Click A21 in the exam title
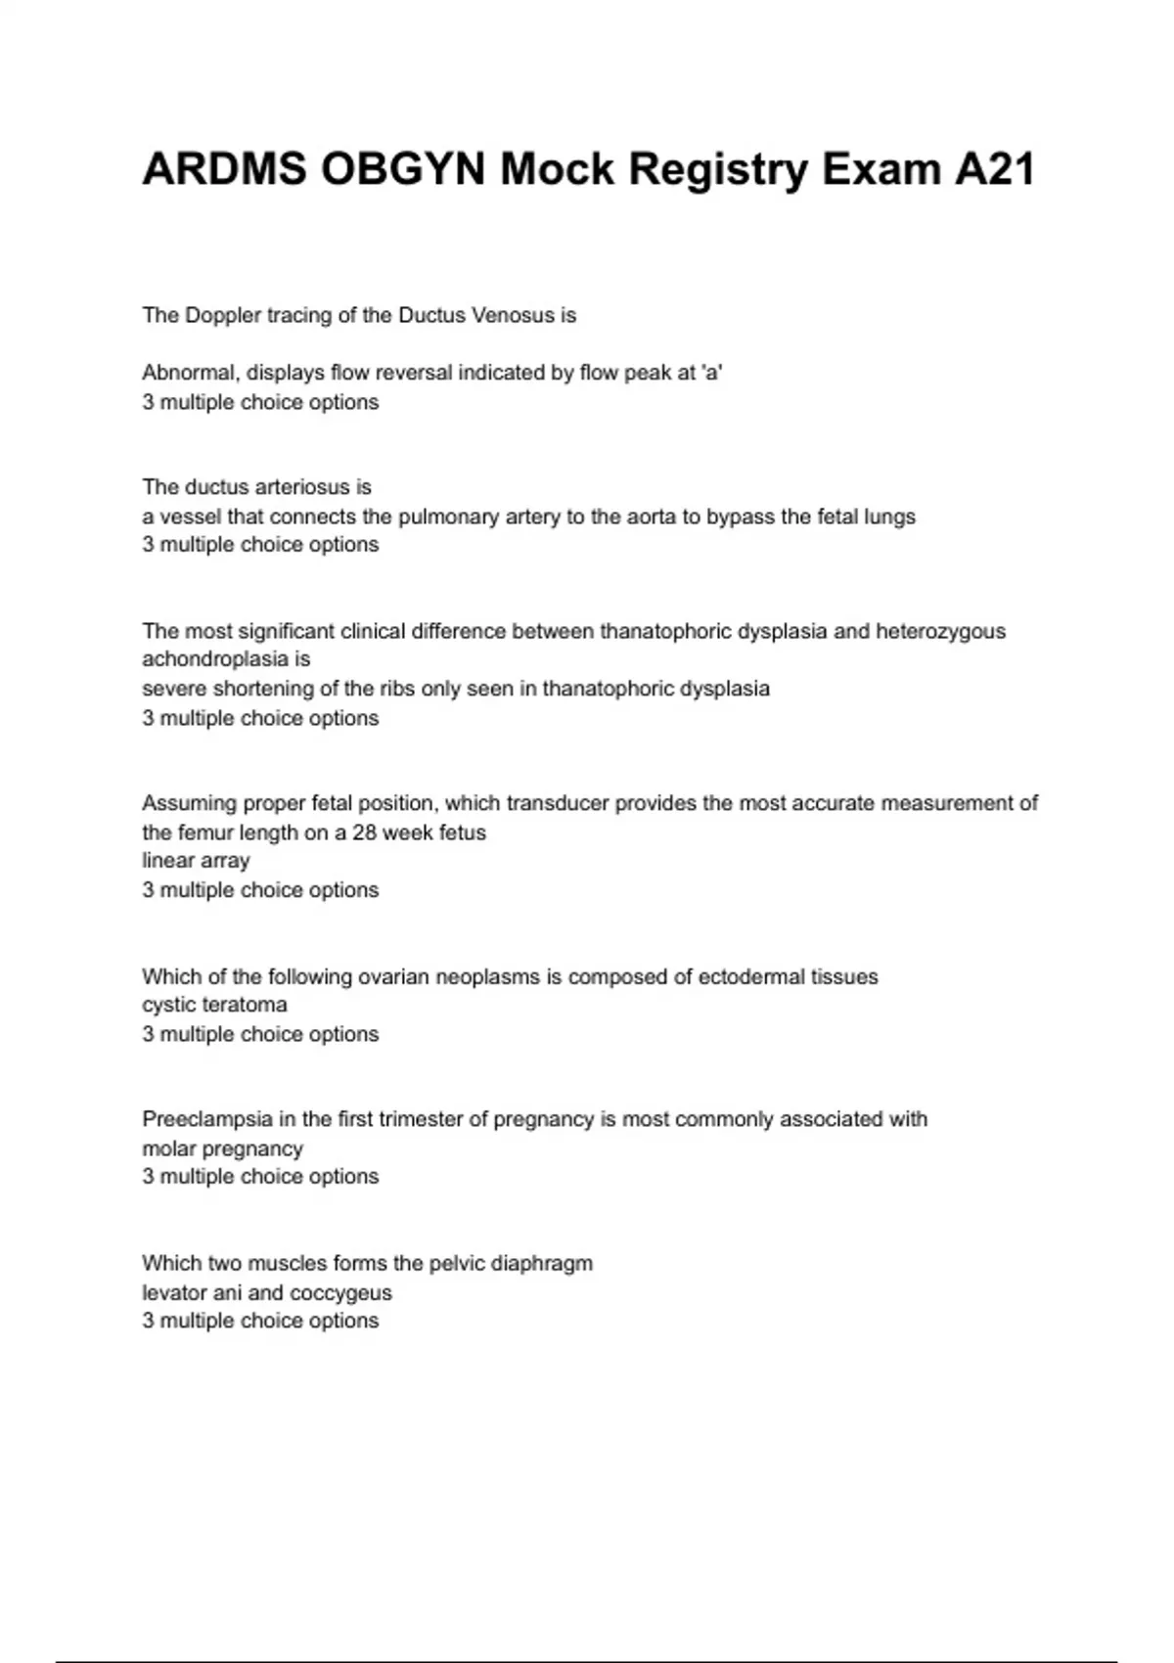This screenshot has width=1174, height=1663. [x=994, y=170]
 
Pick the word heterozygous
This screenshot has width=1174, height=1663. [x=940, y=631]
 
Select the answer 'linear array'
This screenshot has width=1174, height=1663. [x=196, y=861]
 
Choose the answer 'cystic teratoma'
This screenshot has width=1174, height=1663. [x=214, y=1005]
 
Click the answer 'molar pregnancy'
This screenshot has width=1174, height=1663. [x=222, y=1148]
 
